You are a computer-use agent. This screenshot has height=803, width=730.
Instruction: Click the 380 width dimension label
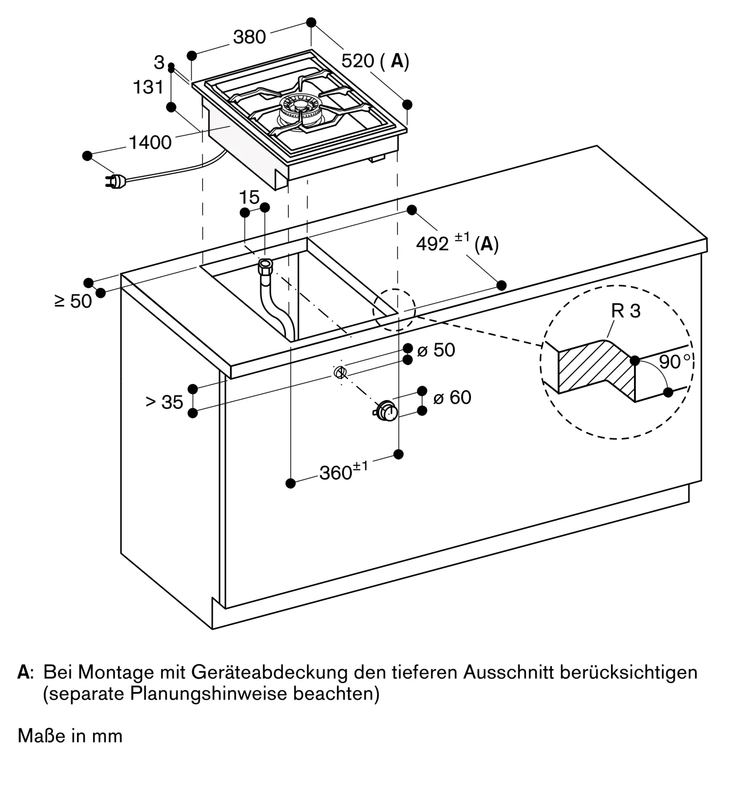pos(249,37)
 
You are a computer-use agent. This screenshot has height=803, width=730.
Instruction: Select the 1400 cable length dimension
pos(150,143)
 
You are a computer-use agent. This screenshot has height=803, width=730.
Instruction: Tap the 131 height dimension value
pos(148,87)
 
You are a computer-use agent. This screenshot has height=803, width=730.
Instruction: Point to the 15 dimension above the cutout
pos(249,197)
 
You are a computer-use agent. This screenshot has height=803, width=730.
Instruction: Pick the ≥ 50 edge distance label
pos(73,301)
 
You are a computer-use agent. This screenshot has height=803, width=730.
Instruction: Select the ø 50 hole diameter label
pos(436,350)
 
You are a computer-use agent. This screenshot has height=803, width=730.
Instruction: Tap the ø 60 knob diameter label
pos(452,397)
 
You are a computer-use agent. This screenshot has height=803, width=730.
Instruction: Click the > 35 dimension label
pos(164,402)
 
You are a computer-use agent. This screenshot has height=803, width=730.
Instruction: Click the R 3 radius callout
pos(626,311)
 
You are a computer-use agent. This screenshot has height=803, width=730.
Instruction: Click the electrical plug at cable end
pos(116,182)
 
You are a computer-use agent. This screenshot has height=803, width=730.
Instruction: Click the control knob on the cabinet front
pos(386,410)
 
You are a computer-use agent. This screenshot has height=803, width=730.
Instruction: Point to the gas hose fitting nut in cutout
pos(266,266)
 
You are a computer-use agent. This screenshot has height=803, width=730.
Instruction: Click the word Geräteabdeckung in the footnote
pos(269,672)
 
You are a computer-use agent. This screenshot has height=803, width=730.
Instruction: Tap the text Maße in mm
pos(70,736)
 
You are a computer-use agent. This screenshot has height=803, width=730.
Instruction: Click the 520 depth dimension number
pos(358,61)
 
